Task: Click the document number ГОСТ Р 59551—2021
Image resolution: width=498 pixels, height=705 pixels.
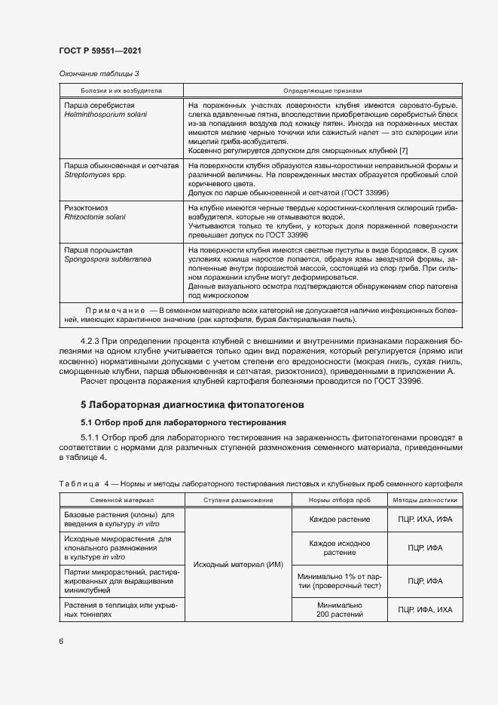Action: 100,51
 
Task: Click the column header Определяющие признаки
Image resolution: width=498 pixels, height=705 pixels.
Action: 322,89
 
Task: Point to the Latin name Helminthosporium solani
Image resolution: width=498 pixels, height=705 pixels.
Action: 105,115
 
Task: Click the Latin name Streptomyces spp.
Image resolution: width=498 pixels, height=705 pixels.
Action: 95,174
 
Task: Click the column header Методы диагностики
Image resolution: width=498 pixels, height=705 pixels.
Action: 424,500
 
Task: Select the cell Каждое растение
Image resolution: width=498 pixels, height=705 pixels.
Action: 339,519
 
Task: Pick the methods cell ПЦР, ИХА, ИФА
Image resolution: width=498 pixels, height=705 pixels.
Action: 424,519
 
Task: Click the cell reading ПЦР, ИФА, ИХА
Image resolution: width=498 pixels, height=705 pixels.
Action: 424,609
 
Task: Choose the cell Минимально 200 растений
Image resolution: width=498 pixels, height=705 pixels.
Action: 339,609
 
